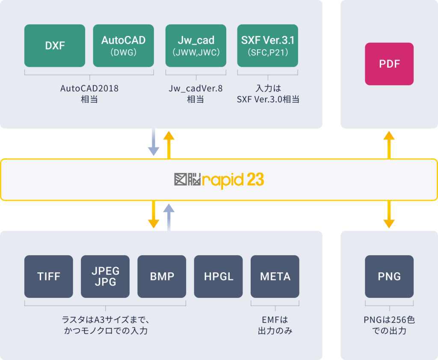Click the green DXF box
pos(55,46)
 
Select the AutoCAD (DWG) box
pos(123,46)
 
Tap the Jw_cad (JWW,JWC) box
pos(196,46)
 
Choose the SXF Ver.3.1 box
pos(268,46)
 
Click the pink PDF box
pos(389,64)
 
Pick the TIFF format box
pos(49,277)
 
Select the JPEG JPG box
pos(105,277)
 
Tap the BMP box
pos(162,277)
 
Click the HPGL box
pos(218,277)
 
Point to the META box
pos(275,277)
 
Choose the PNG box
pos(389,277)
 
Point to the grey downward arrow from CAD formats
pos(153,143)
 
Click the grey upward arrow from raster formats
pos(169,217)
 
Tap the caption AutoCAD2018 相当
pos(89,94)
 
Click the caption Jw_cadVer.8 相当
pos(195,94)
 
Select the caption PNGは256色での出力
pos(389,325)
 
